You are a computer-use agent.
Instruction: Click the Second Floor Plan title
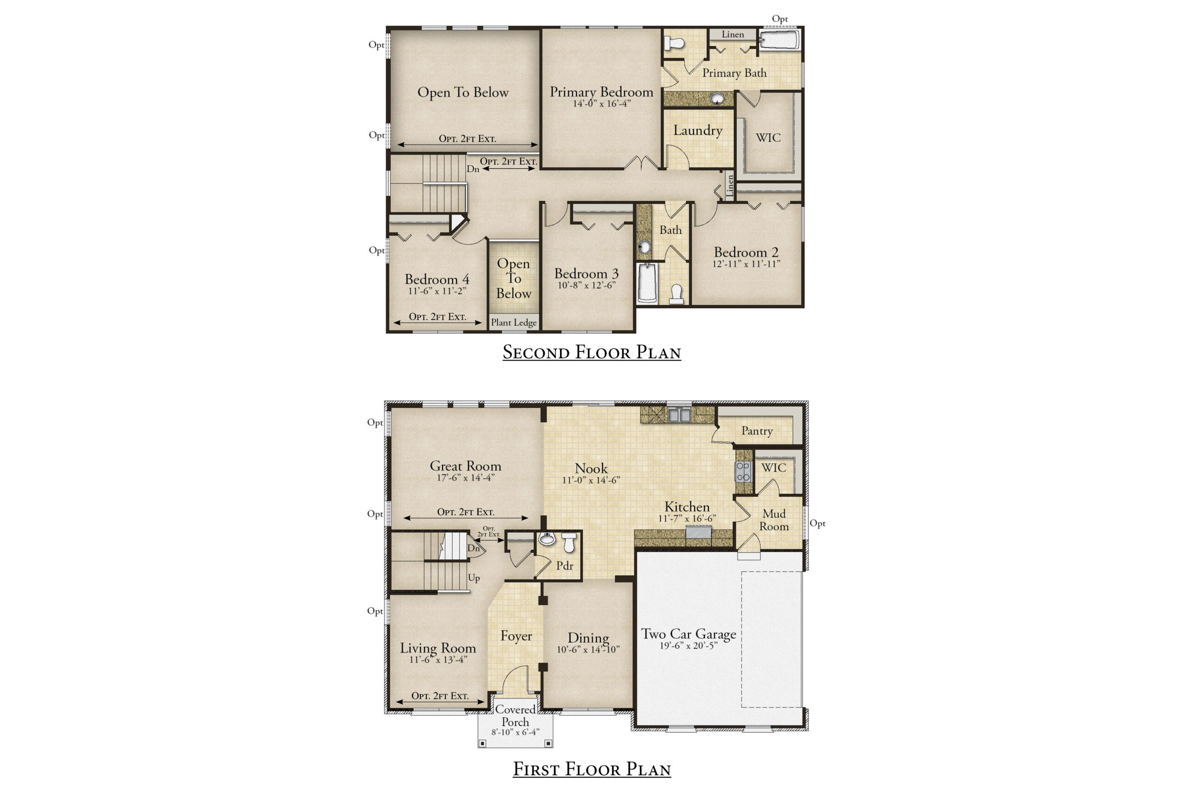click(x=592, y=352)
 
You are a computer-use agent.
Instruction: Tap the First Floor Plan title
click(x=592, y=768)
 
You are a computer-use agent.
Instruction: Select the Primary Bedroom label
click(x=601, y=92)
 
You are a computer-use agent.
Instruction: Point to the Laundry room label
click(x=698, y=130)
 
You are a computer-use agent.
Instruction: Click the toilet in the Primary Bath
click(x=673, y=43)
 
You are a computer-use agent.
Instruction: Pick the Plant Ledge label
click(x=513, y=322)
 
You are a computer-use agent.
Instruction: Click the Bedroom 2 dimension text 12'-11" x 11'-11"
click(x=746, y=264)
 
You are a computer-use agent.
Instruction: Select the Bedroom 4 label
click(x=437, y=279)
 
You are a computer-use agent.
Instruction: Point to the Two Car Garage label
click(x=688, y=634)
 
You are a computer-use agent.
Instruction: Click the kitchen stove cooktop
click(x=743, y=472)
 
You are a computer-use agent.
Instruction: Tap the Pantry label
click(x=757, y=431)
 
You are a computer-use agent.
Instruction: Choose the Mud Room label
click(x=774, y=520)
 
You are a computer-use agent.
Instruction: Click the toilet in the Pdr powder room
click(x=569, y=543)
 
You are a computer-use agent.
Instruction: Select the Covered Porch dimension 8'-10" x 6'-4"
click(x=515, y=732)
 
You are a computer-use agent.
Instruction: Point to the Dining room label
click(x=588, y=638)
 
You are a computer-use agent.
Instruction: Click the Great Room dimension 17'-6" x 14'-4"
click(x=466, y=478)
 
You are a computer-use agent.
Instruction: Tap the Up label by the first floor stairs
click(x=474, y=578)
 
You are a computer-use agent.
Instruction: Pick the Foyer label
click(x=516, y=636)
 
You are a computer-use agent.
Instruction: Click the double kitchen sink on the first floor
click(x=678, y=414)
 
